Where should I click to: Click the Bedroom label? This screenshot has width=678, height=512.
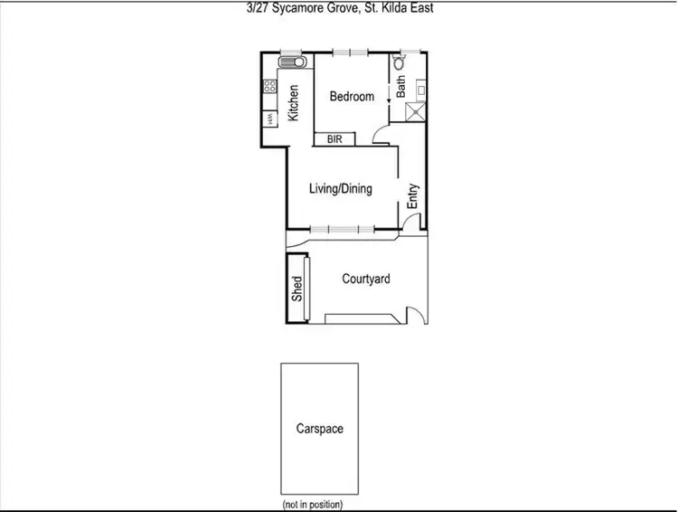[x=351, y=97]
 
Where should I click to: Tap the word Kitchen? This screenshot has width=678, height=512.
[x=293, y=103]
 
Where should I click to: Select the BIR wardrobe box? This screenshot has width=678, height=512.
[x=334, y=139]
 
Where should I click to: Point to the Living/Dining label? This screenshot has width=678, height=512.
[x=341, y=189]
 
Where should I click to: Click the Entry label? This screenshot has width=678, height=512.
[x=413, y=197]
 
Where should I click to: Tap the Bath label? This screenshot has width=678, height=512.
[x=400, y=86]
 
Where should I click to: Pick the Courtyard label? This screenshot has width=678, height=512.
[x=366, y=280]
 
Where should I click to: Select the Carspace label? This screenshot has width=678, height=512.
[x=320, y=428]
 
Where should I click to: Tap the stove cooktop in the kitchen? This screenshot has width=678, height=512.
[x=269, y=88]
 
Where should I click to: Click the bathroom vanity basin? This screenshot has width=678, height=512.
[x=419, y=89]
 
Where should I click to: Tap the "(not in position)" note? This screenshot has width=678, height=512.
[x=313, y=504]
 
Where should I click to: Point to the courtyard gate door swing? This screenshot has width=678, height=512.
[x=415, y=314]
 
